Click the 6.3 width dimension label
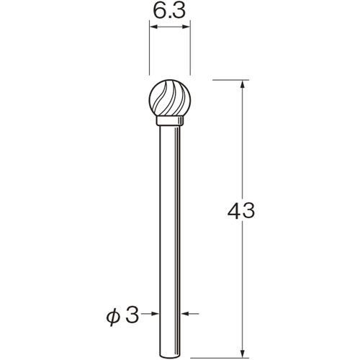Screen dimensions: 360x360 [169, 11]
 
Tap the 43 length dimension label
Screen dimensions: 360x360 [241, 211]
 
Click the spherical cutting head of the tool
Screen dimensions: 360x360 [170, 98]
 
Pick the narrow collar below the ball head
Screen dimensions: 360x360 [170, 121]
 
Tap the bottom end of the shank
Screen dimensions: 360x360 [170, 356]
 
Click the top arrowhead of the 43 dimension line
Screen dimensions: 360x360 [243, 84]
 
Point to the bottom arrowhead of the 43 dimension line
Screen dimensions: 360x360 [243, 353]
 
